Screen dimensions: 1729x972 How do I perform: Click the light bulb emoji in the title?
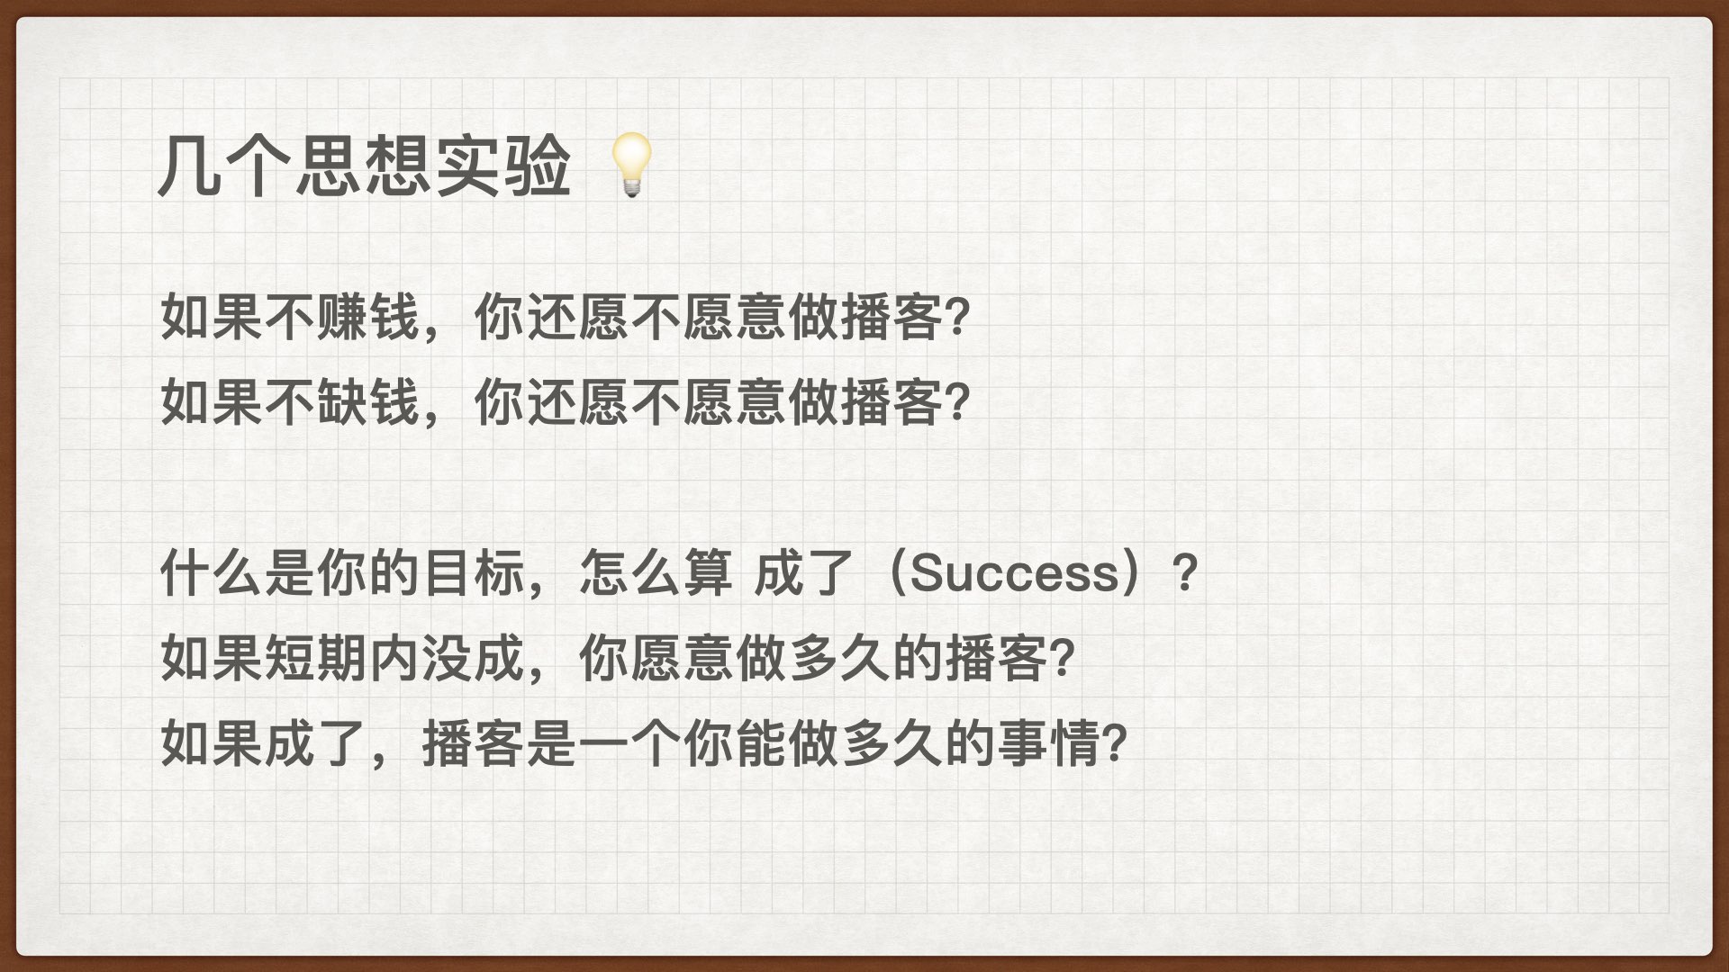coord(631,165)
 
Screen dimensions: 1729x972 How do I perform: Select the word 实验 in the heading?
coord(502,166)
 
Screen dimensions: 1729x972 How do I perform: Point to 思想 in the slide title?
coord(364,166)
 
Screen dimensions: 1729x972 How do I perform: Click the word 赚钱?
coord(369,317)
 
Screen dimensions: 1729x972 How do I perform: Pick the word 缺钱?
coord(369,401)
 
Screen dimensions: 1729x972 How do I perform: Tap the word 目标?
coord(474,572)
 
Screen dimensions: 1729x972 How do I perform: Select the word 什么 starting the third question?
coord(213,572)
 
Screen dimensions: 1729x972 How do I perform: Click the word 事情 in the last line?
coord(1049,743)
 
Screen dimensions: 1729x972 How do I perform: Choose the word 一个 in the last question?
coord(630,743)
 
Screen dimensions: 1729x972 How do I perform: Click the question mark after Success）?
coord(1186,573)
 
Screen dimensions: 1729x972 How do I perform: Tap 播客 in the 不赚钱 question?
coord(892,317)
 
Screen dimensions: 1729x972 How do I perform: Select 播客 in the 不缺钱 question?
coord(892,401)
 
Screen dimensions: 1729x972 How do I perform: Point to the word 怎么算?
coord(656,572)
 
